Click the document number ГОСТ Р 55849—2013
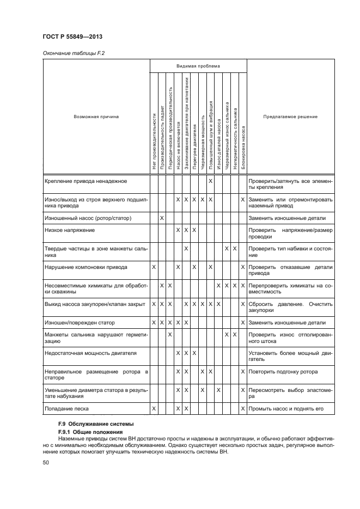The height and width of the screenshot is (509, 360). (72, 37)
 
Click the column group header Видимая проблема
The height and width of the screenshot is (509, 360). (198, 66)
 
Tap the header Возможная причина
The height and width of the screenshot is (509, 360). (96, 116)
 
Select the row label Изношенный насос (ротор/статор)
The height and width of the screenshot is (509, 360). (88, 218)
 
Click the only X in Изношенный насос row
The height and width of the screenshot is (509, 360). (162, 218)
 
